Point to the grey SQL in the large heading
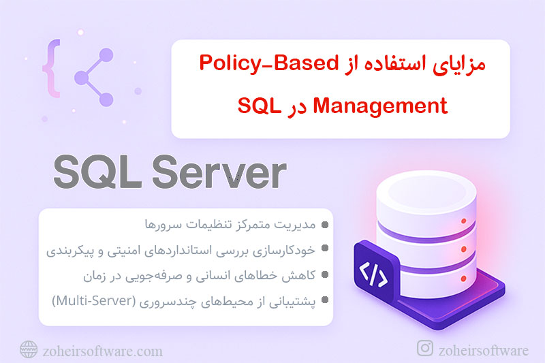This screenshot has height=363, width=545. point(97,174)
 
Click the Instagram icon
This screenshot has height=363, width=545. point(424,349)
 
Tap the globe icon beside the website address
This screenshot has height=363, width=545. point(29,350)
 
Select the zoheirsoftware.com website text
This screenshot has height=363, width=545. point(103,351)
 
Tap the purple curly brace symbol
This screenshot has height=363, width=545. point(50,68)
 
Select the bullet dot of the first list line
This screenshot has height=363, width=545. point(326,224)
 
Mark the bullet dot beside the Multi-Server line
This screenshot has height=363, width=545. point(326,300)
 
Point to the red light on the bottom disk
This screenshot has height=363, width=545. point(463,279)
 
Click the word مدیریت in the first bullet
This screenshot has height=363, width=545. point(298,224)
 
